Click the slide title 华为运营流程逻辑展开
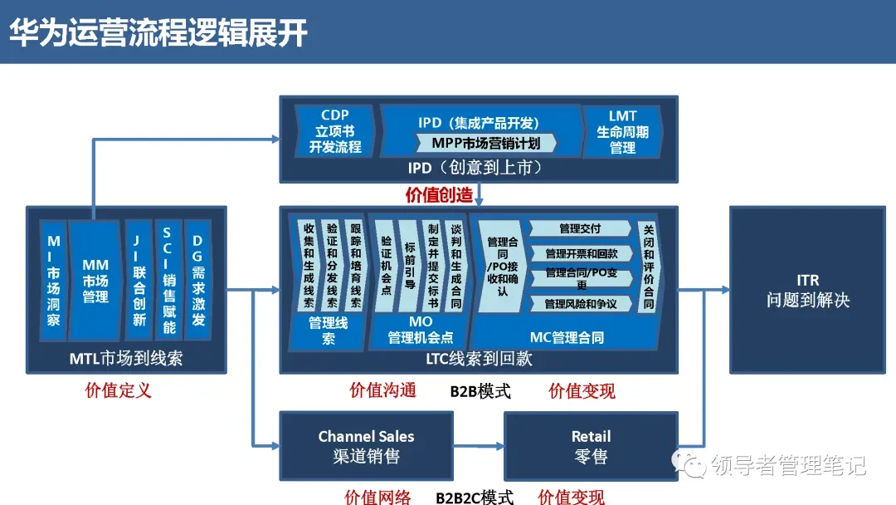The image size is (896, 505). [158, 32]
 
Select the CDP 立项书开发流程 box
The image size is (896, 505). [335, 131]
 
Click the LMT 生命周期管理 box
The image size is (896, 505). [622, 131]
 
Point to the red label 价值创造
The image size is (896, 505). [439, 194]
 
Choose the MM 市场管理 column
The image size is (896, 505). [95, 281]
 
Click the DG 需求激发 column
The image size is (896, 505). [197, 281]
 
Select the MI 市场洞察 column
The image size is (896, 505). [53, 281]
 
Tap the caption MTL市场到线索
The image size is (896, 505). [126, 358]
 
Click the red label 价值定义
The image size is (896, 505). [119, 390]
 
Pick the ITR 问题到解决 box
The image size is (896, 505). [807, 289]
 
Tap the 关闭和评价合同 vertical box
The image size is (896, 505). [648, 266]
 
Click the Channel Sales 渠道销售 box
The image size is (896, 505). [366, 446]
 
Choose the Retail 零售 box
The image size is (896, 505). [590, 446]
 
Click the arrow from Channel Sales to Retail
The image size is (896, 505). [479, 447]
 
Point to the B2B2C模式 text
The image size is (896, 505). [475, 498]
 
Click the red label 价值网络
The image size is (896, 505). [377, 498]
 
